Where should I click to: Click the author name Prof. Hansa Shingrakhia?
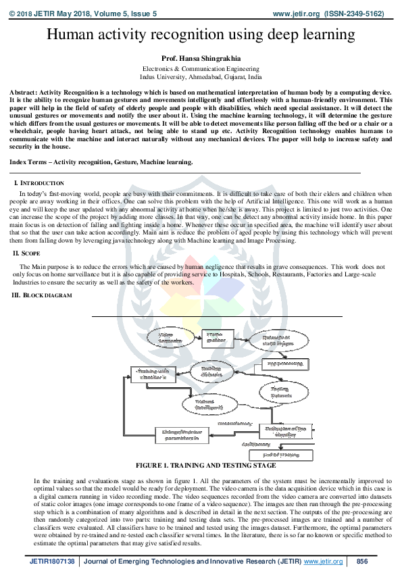(201, 59)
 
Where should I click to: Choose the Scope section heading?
(32, 253)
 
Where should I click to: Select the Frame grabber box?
(215, 335)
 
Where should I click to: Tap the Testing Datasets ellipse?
(280, 392)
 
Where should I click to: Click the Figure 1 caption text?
(205, 466)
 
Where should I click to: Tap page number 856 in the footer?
(362, 562)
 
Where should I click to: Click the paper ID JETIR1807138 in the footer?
(52, 562)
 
